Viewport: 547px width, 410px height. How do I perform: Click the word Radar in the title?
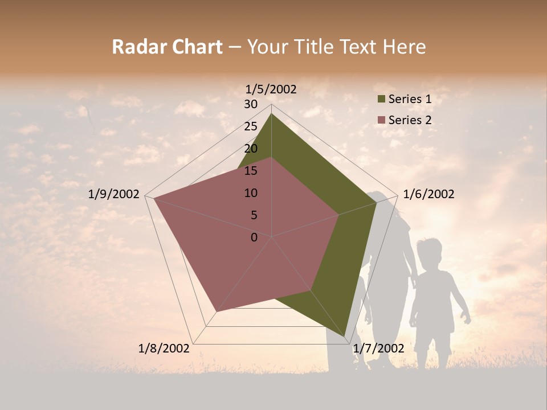(135, 47)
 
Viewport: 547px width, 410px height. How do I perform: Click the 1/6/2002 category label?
(428, 194)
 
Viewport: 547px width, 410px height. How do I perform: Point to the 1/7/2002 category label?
(378, 348)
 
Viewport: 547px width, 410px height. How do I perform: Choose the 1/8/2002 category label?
(164, 348)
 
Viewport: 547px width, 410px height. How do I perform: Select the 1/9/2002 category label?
(114, 194)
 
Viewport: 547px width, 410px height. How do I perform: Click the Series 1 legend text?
(410, 99)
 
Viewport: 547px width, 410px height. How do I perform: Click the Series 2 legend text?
(410, 120)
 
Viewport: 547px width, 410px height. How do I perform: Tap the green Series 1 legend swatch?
(381, 100)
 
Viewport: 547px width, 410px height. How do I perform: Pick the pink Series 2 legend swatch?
(381, 121)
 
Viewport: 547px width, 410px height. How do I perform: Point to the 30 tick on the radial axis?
(251, 104)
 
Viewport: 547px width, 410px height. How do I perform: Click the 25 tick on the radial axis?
(251, 126)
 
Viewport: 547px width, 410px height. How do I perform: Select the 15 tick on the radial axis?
(251, 171)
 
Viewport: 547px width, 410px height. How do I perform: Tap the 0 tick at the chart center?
(254, 237)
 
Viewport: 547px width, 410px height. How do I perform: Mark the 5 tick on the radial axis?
(254, 215)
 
